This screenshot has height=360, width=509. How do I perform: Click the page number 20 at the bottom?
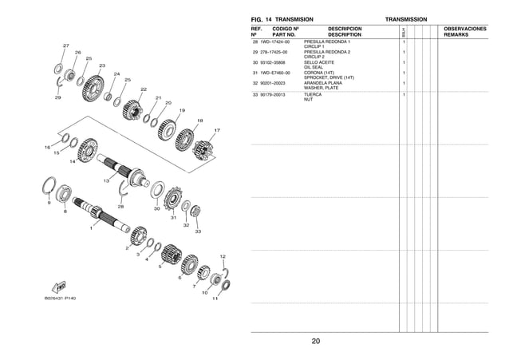[316, 342]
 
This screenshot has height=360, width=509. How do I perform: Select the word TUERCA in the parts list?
[314, 94]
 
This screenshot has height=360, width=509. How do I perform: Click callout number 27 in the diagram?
[65, 45]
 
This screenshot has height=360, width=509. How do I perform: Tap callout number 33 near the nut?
[197, 231]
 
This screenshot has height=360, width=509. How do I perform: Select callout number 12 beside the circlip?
[223, 256]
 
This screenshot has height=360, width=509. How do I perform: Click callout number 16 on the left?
[47, 148]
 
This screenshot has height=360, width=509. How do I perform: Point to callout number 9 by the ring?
[49, 202]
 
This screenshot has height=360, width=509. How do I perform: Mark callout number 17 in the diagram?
[217, 130]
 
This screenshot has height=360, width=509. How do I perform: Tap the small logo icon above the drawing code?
[59, 285]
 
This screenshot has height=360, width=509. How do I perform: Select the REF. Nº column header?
[257, 32]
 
